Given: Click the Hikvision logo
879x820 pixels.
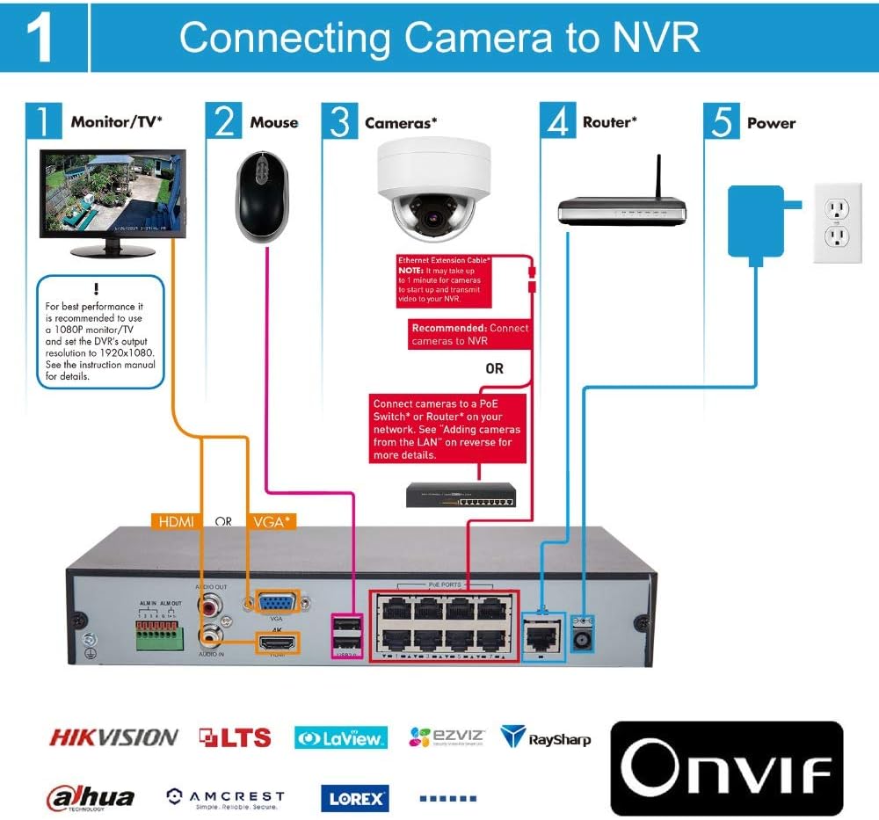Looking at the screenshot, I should pyautogui.click(x=113, y=737).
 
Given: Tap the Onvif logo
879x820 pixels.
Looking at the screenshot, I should pyautogui.click(x=726, y=769).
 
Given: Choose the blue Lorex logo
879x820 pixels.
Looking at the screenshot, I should pyautogui.click(x=354, y=798).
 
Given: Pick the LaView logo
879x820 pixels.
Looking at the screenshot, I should pyautogui.click(x=340, y=737).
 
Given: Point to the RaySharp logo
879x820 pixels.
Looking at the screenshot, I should pyautogui.click(x=545, y=737).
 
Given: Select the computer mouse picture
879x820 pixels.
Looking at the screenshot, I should pyautogui.click(x=263, y=195).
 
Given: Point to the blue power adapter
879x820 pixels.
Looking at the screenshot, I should pyautogui.click(x=755, y=220).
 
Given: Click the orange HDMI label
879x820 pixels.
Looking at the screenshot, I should pyautogui.click(x=177, y=521).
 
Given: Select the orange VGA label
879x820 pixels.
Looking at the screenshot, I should pyautogui.click(x=272, y=521).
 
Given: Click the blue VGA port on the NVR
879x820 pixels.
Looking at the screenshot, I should pyautogui.click(x=275, y=604).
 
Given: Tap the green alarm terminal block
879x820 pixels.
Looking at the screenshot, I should pyautogui.click(x=157, y=634).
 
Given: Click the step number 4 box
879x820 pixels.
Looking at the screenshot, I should pyautogui.click(x=556, y=121).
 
